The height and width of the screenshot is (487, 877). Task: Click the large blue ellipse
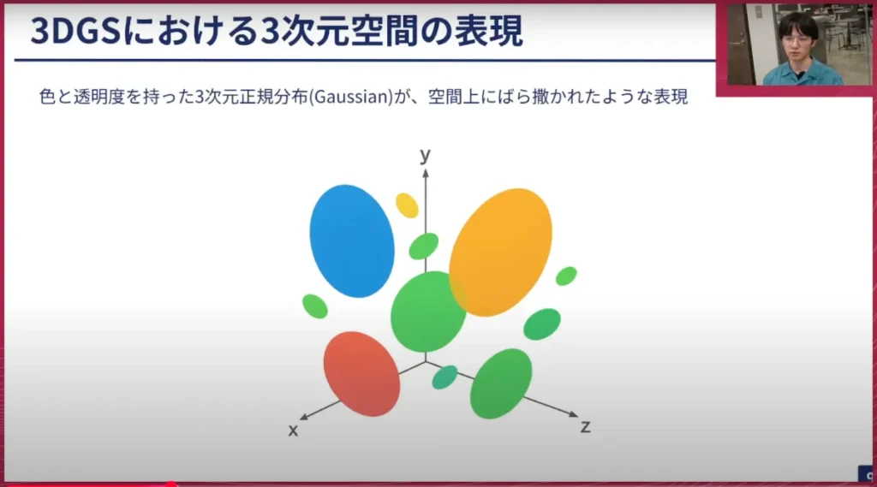tap(352, 241)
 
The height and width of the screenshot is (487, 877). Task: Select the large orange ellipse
tap(500, 252)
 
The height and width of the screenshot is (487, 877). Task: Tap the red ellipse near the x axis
tap(361, 373)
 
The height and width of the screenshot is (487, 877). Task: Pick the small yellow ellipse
tap(407, 205)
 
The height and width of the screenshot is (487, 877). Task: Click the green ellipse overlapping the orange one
tap(428, 312)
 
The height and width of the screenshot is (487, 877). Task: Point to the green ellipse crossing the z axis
tap(500, 383)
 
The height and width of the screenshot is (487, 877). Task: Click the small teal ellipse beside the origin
tap(444, 377)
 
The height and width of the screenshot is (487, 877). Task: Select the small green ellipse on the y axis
tap(423, 246)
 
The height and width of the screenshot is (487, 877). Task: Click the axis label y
tap(426, 154)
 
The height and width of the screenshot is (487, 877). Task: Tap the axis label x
tap(293, 431)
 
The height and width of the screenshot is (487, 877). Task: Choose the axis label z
tap(586, 427)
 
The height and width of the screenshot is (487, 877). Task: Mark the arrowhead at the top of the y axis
tap(426, 173)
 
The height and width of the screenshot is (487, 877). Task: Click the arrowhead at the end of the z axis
tap(574, 414)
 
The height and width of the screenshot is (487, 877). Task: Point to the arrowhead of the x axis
tap(304, 417)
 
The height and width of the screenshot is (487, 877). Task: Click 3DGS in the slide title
tap(75, 32)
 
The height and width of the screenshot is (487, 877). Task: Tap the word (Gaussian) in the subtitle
tap(351, 97)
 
